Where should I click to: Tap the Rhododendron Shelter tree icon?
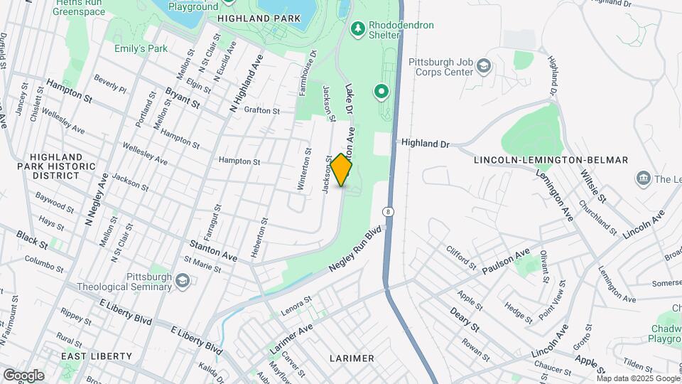pyautogui.click(x=358, y=28)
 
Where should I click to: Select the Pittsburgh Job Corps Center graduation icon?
pyautogui.click(x=484, y=66)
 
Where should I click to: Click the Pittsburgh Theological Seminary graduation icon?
pyautogui.click(x=183, y=282)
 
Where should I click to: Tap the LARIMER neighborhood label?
pyautogui.click(x=352, y=358)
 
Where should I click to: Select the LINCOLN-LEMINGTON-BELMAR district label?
pyautogui.click(x=551, y=160)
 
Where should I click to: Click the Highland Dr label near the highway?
pyautogui.click(x=426, y=144)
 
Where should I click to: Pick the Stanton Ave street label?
pyautogui.click(x=213, y=249)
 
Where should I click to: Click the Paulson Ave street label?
pyautogui.click(x=506, y=262)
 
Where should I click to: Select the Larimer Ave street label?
pyautogui.click(x=291, y=339)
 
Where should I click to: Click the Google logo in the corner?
pyautogui.click(x=23, y=375)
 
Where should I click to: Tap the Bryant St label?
pyautogui.click(x=183, y=98)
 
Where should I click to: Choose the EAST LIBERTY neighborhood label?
pyautogui.click(x=97, y=356)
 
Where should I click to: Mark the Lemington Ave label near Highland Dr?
pyautogui.click(x=554, y=195)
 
